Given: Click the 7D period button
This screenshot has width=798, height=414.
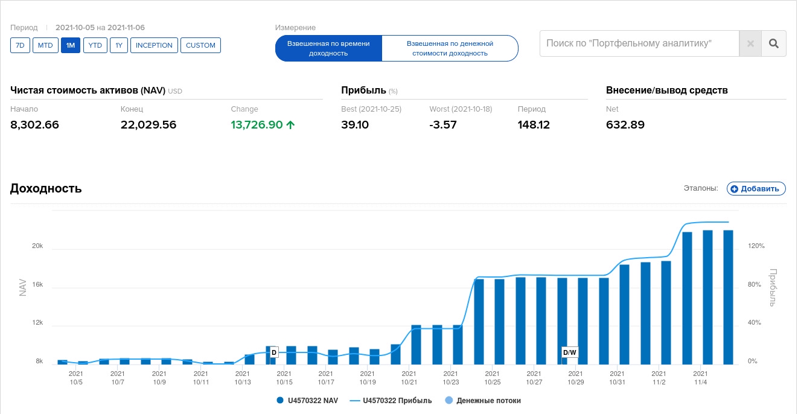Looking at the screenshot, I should point(20,45).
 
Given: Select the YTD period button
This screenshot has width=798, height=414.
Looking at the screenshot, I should point(95,45).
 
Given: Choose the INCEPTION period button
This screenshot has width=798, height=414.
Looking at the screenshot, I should point(154,45).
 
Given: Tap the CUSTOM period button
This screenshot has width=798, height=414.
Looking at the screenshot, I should point(200,45).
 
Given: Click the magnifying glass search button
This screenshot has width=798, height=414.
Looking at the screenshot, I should point(774,43).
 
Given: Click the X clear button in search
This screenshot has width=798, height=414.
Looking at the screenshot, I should point(750,43).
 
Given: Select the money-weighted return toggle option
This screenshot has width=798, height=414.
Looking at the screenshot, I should point(450,48).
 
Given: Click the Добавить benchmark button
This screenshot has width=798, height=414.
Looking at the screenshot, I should point(756,188).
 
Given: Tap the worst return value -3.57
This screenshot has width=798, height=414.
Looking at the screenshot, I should point(442,125).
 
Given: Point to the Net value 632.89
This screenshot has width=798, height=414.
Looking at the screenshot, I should point(625,125).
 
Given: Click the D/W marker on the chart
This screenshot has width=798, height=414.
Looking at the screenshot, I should point(570,352).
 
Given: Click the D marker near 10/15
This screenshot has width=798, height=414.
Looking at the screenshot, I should point(273,352).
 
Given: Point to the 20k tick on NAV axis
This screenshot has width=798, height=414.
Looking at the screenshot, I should point(37,246).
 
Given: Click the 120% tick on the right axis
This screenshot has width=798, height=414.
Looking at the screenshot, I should point(756,246).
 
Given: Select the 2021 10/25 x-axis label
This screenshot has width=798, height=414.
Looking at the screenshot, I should point(493,378).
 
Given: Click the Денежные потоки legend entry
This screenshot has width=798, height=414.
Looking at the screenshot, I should point(488,400).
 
